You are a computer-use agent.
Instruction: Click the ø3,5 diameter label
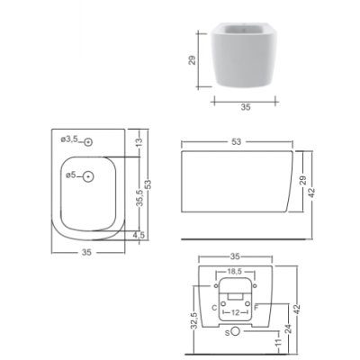tap(69, 139)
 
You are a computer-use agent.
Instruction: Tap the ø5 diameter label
tap(71, 175)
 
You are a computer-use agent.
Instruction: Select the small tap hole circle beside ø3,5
tap(88, 142)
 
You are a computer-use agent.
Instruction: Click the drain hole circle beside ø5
tap(88, 176)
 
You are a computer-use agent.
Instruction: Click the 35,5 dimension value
tap(139, 199)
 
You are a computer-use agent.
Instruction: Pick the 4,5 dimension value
tap(139, 235)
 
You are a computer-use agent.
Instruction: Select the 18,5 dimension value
tap(236, 272)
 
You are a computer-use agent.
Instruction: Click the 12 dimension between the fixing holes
tap(236, 313)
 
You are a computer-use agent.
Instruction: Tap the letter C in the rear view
tap(214, 308)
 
